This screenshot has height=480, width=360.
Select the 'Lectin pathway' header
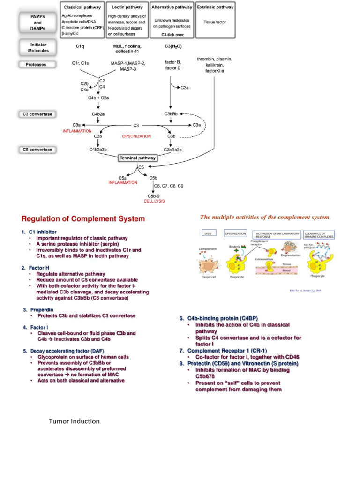pyautogui.click(x=127, y=8)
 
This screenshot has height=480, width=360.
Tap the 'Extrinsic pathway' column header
pyautogui.click(x=215, y=8)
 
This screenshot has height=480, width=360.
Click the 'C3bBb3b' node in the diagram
pyautogui.click(x=172, y=150)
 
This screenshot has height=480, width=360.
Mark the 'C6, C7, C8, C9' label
pyautogui.click(x=169, y=186)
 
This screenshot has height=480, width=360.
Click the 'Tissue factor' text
pyautogui.click(x=215, y=22)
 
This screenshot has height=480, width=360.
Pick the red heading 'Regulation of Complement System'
pyautogui.click(x=83, y=219)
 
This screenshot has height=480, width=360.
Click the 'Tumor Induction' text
pyautogui.click(x=74, y=421)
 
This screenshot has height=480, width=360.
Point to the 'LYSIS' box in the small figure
pyautogui.click(x=209, y=232)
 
